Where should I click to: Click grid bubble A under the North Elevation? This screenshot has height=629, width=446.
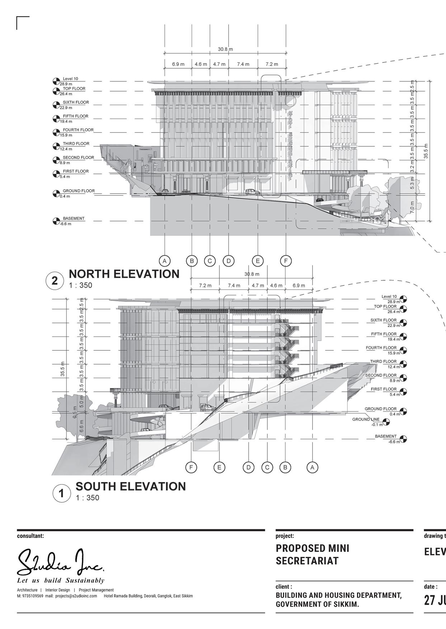[164, 261]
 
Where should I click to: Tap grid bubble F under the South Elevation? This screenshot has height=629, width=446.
[191, 467]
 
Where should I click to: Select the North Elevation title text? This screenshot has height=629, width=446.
[124, 274]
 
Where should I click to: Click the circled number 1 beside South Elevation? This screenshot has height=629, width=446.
[61, 493]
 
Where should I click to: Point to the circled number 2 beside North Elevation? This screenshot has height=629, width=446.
[54, 280]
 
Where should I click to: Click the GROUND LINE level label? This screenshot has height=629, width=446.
[366, 419]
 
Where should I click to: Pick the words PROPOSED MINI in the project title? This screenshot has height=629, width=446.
[312, 548]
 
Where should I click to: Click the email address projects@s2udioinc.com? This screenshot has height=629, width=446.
[76, 596]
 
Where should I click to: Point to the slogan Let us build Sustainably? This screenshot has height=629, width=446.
[61, 580]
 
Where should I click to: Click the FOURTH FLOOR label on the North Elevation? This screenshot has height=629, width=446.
[78, 130]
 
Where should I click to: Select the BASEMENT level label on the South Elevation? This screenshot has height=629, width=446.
[386, 436]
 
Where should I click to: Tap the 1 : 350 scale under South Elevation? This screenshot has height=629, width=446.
[87, 497]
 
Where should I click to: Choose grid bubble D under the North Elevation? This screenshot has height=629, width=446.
[229, 261]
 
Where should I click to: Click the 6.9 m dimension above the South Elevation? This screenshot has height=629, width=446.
[299, 285]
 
